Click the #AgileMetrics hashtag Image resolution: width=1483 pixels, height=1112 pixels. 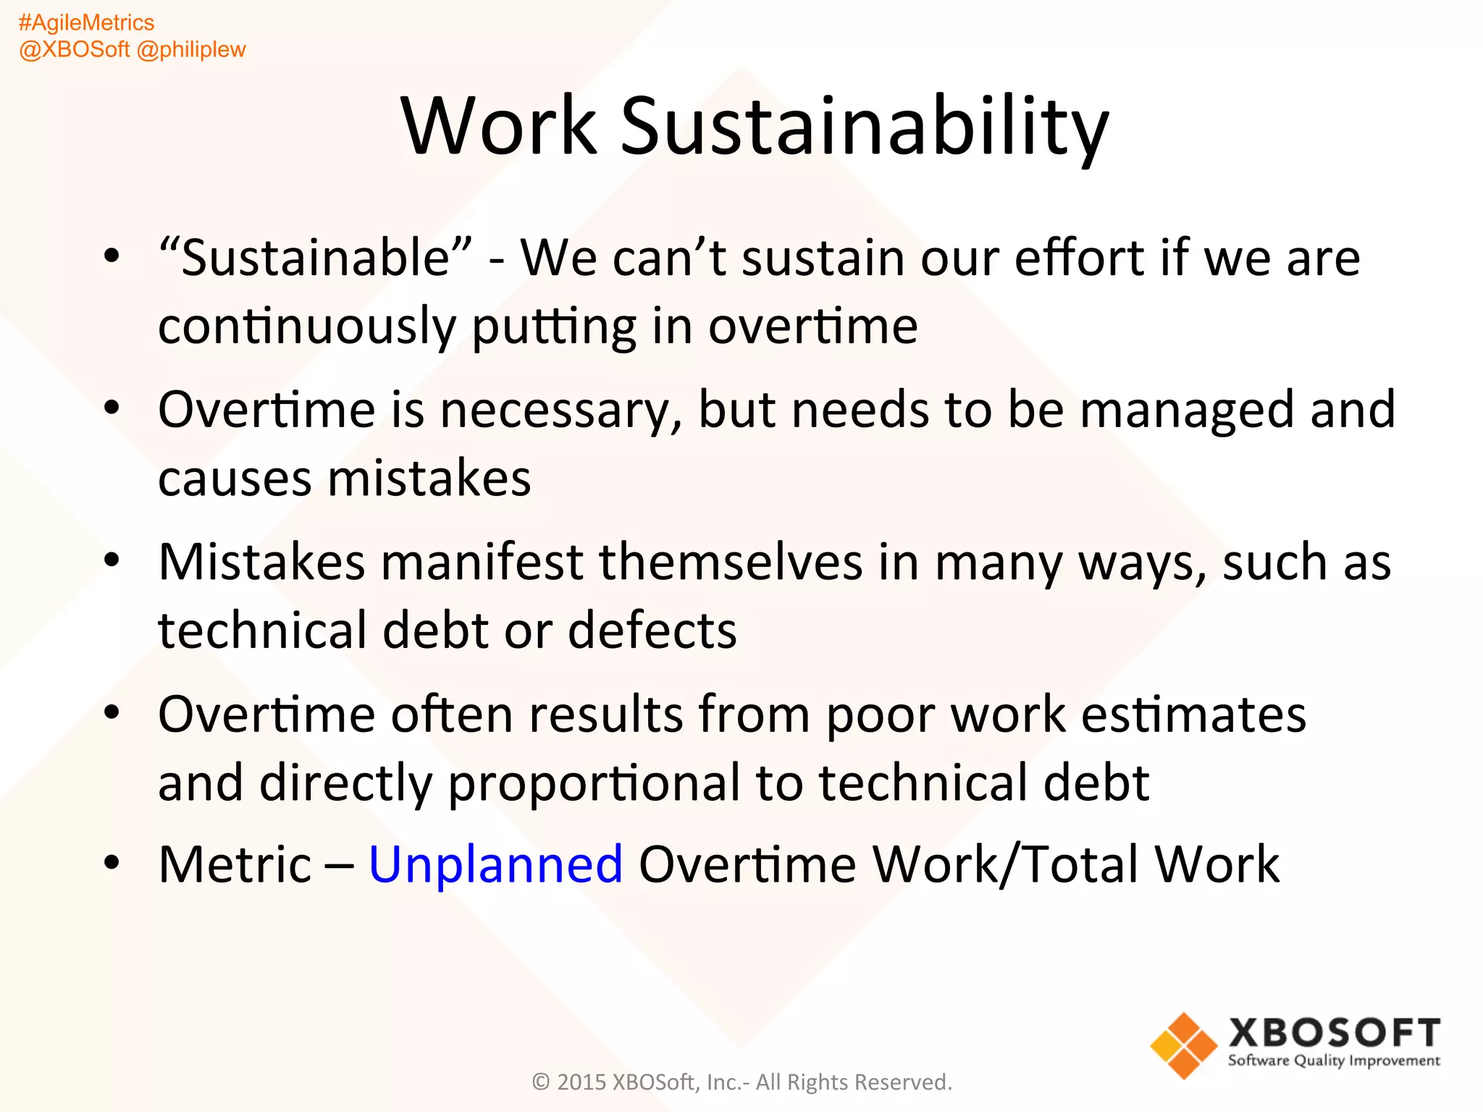(86, 22)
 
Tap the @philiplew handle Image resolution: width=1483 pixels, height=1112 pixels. (191, 49)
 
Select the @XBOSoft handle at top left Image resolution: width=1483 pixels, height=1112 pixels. (74, 49)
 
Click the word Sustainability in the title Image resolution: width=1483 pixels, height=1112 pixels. (864, 127)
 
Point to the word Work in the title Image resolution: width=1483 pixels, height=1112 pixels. (499, 127)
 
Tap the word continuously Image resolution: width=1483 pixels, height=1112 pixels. (307, 326)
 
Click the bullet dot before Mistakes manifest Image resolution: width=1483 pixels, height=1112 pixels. (111, 560)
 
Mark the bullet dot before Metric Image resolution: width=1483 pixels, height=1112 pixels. (111, 862)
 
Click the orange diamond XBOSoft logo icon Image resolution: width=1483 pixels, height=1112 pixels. (1183, 1045)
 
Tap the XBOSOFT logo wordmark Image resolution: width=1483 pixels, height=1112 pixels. (1334, 1032)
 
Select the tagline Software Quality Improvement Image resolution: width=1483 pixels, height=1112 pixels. (1334, 1061)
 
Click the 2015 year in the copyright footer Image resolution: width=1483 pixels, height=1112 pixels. (581, 1082)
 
